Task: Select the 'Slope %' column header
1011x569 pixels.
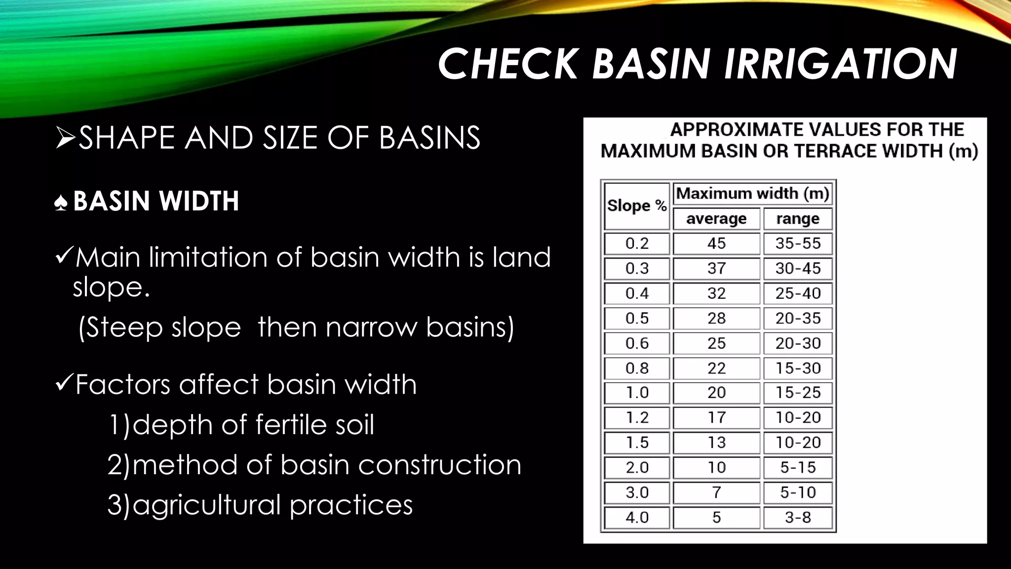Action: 637,205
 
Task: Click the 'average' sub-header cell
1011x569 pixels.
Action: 716,219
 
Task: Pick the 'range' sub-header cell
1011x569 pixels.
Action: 798,219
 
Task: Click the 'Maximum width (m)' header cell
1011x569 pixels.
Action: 752,193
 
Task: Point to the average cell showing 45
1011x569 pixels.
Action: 716,244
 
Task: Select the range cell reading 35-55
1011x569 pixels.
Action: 798,244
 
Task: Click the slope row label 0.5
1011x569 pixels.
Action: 637,318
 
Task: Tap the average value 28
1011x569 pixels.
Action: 716,318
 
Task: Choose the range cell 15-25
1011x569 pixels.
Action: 798,393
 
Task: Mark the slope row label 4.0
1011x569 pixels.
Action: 637,518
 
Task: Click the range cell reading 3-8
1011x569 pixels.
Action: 798,518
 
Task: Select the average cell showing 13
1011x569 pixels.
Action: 716,443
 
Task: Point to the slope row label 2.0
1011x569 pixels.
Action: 637,467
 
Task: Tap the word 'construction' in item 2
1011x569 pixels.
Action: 439,465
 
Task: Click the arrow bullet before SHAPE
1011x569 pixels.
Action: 65,138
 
